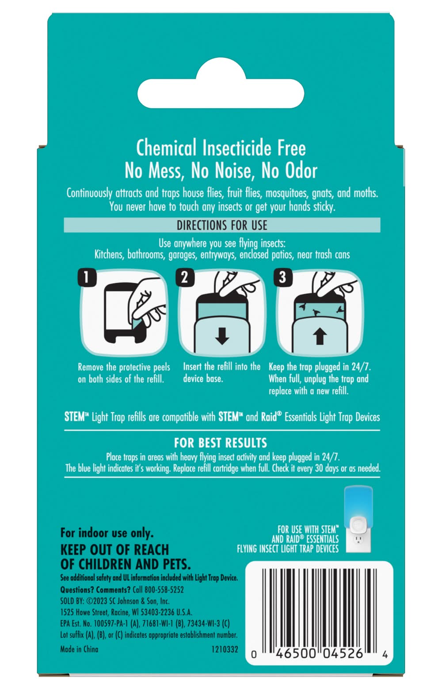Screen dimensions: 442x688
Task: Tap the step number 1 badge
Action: [x=87, y=277]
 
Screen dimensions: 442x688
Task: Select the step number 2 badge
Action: [x=185, y=277]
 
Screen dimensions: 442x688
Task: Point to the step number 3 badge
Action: [x=283, y=277]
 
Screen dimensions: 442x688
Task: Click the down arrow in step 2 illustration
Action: [x=222, y=335]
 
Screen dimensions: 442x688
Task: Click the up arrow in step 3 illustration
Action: [x=320, y=335]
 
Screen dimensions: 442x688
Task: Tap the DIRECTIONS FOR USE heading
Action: [x=222, y=225]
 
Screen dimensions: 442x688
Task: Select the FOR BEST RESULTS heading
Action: [x=221, y=443]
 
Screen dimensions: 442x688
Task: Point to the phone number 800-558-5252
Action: [x=158, y=589]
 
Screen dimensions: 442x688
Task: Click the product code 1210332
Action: [x=225, y=649]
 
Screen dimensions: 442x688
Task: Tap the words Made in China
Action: [x=79, y=649]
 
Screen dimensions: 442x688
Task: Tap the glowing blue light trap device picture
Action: [x=358, y=519]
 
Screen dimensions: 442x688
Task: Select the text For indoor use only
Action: [x=107, y=533]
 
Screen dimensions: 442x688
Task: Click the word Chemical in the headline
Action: [x=166, y=148]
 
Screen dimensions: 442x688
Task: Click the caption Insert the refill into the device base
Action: [x=221, y=373]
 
